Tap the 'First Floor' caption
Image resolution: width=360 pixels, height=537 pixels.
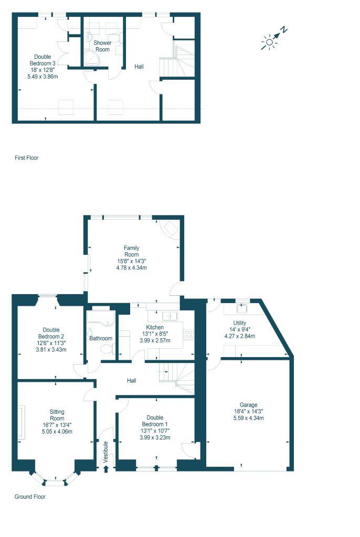26,157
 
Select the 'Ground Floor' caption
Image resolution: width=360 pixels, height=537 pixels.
30,496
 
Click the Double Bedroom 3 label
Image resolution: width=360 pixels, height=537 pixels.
43,66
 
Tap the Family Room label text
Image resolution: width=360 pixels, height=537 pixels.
131,251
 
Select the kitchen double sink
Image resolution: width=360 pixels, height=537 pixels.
169,316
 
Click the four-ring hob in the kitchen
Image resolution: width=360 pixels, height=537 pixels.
188,334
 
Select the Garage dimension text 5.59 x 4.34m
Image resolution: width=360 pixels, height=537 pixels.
248,418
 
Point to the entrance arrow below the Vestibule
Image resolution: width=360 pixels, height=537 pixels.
107,469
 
